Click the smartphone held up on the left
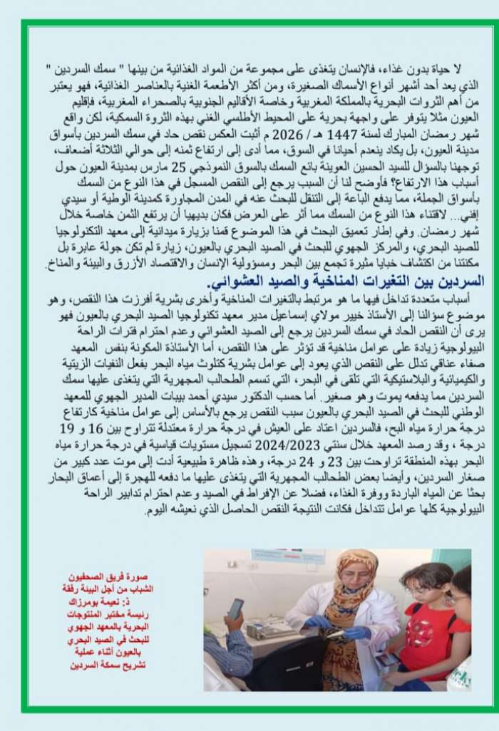pyautogui.click(x=235, y=609)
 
